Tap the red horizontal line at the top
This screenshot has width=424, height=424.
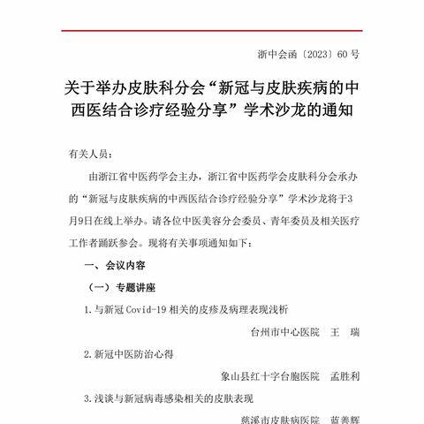[x=212, y=32]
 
